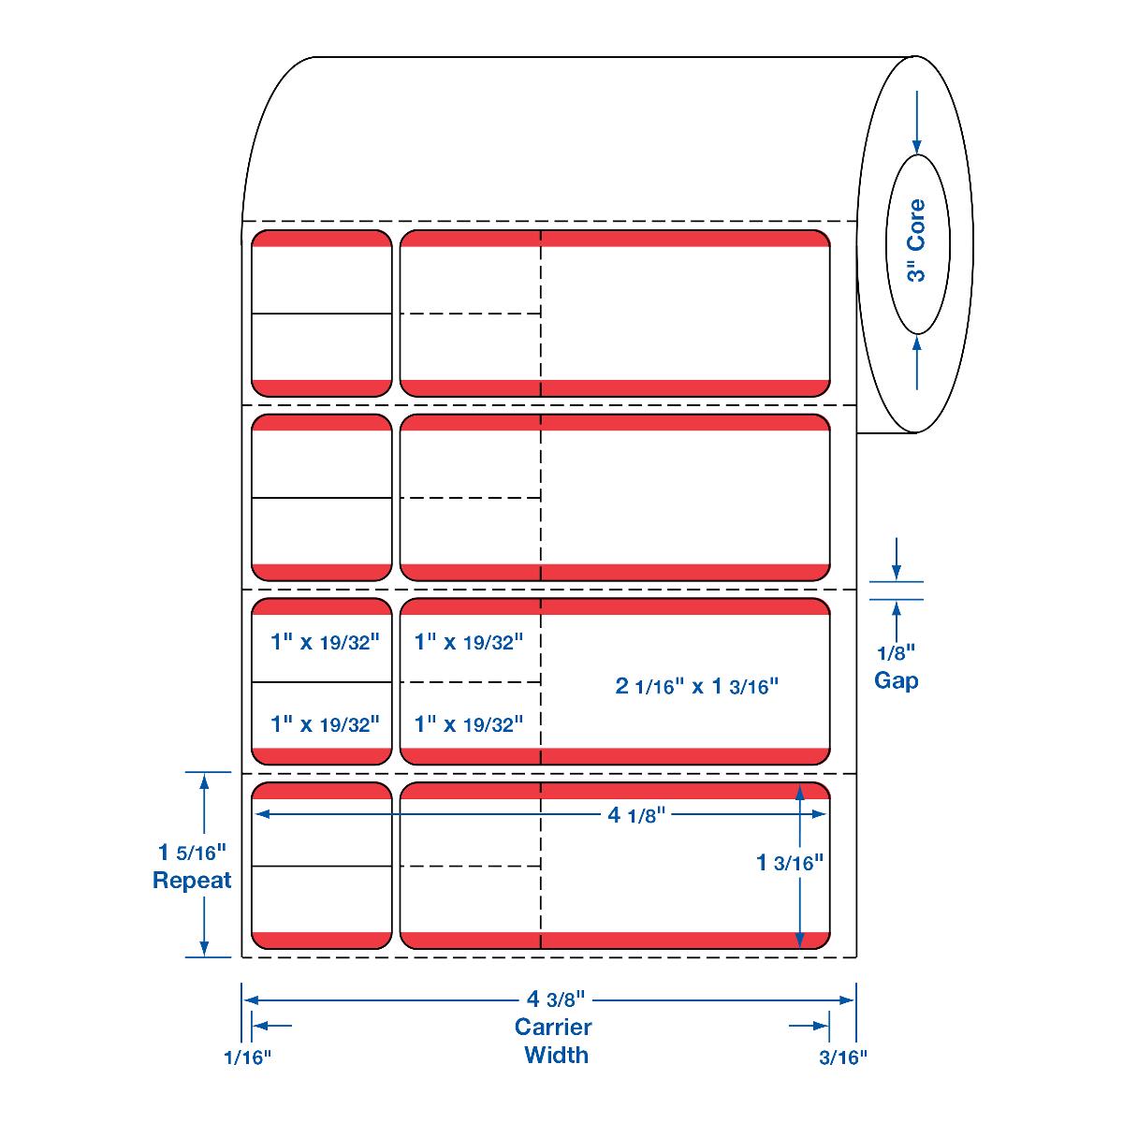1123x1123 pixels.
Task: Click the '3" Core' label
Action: (x=916, y=241)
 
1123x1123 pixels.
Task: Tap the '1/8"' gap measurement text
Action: (x=896, y=653)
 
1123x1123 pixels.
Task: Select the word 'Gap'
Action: (x=896, y=680)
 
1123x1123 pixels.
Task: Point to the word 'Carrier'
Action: (x=554, y=1027)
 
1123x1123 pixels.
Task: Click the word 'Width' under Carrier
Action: (x=556, y=1055)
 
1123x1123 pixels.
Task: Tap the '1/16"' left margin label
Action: (x=247, y=1057)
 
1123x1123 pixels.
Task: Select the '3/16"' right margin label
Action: (x=843, y=1057)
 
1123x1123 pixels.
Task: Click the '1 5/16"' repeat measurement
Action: (x=192, y=853)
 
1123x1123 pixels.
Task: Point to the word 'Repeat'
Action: (x=192, y=881)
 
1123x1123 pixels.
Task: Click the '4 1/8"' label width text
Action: (x=635, y=815)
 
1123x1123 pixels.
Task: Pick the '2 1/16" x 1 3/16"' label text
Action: (x=697, y=686)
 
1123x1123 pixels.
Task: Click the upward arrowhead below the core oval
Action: (x=917, y=344)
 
